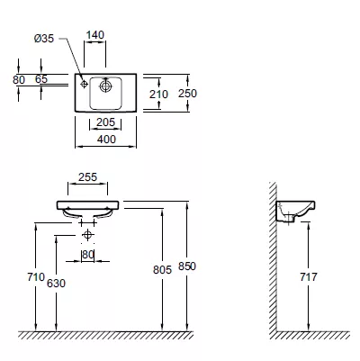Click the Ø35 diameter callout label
pos(44,39)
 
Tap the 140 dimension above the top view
pos(95,35)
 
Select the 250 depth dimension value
pos(187,94)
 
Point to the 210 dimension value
pos(158,95)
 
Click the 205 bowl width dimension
pos(105,122)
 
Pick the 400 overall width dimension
pos(106,140)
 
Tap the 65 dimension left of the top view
pos(41,79)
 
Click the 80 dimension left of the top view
pos(19,80)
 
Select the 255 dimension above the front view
pos(88,177)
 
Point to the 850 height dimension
pos(187,266)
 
